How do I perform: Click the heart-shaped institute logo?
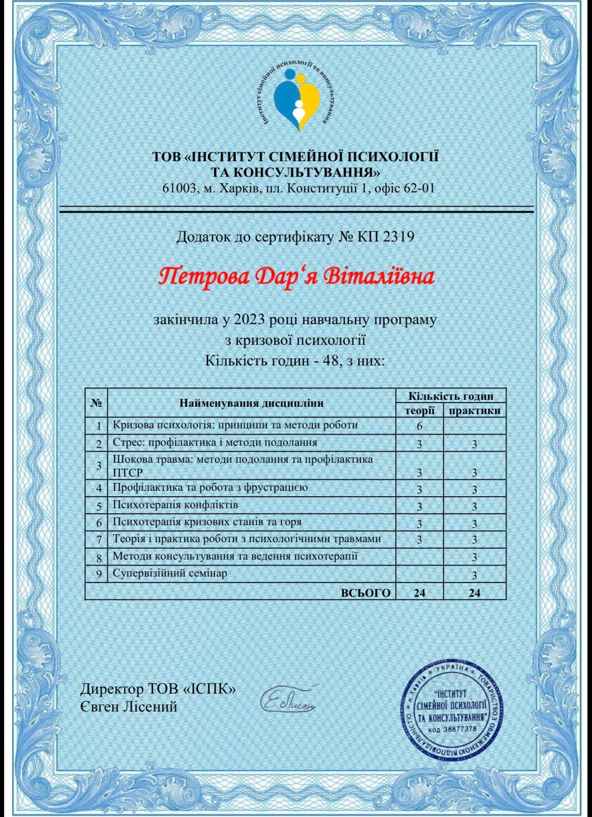(x=296, y=99)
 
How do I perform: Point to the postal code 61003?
(x=179, y=188)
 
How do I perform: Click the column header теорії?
(x=419, y=410)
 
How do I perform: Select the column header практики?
(x=475, y=410)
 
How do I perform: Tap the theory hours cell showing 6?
(x=419, y=426)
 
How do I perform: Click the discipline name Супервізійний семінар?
(x=170, y=573)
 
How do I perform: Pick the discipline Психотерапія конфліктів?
(x=175, y=505)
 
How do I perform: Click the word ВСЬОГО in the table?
(x=366, y=593)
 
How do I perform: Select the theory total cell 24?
(x=419, y=593)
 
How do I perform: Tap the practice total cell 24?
(x=475, y=593)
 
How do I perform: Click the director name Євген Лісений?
(x=129, y=707)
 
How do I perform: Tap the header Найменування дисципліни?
(x=251, y=403)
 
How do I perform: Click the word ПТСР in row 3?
(x=128, y=473)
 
